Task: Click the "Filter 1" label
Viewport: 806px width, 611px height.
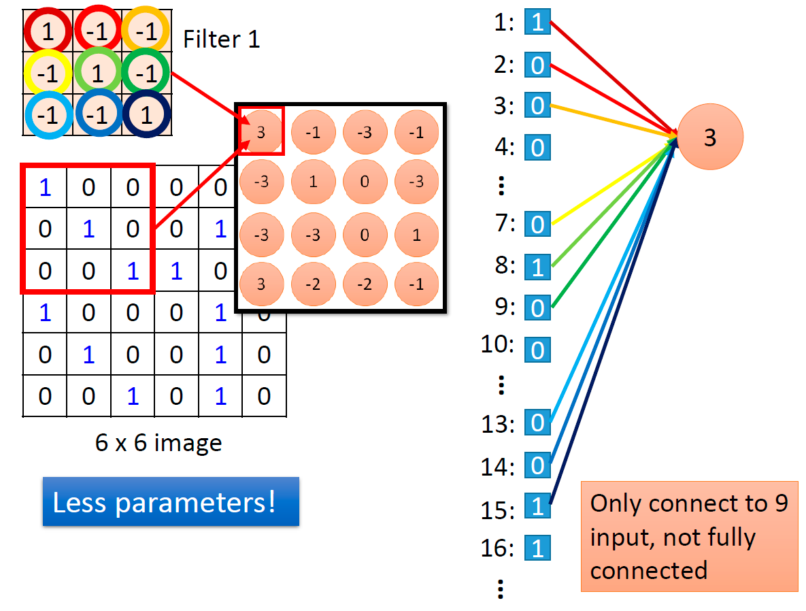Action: (222, 39)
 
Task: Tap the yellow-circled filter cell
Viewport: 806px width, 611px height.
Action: (48, 73)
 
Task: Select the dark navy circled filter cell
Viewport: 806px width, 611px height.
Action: (146, 114)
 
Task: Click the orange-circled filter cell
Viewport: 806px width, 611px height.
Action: (146, 31)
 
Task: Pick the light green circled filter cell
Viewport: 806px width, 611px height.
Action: (98, 73)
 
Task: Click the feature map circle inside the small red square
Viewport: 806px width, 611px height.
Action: (261, 132)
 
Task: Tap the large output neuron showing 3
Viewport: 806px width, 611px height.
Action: (710, 137)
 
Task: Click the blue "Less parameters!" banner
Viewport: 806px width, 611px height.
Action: (171, 501)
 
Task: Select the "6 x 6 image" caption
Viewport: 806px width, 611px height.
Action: (158, 443)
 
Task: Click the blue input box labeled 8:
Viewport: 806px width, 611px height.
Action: (538, 267)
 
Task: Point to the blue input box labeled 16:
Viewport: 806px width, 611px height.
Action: (538, 548)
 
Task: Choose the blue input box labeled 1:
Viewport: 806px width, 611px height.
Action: (538, 22)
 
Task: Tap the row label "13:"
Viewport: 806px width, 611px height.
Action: (498, 425)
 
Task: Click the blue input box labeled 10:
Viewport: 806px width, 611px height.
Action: (538, 350)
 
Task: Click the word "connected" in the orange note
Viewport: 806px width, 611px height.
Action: (649, 570)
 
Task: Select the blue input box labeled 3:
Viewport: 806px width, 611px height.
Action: (538, 105)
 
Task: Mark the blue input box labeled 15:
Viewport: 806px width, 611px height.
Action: (538, 506)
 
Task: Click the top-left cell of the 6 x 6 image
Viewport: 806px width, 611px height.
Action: (45, 186)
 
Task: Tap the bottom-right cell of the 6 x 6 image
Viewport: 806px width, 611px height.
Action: (264, 396)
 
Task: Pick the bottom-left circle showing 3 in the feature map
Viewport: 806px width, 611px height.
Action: (261, 284)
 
